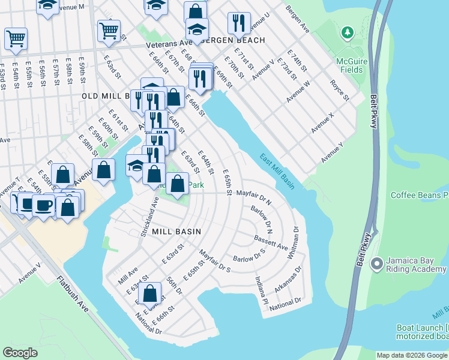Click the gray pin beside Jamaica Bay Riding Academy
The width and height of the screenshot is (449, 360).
(377, 263)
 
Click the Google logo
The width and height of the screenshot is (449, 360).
(20, 353)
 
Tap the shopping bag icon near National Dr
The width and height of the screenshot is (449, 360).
(151, 293)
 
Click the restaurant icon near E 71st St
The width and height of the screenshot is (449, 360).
(239, 23)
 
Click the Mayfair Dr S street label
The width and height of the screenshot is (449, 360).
(215, 261)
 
